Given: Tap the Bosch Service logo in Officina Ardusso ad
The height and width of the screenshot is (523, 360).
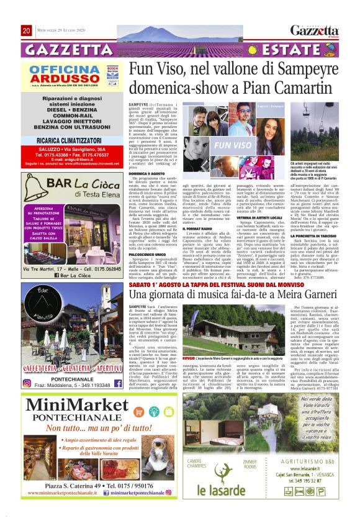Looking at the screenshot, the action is point(112,70).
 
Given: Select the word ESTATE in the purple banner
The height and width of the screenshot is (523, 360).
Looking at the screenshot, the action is point(285,50).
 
